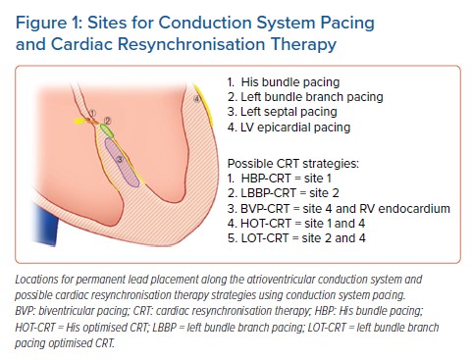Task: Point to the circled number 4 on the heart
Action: tap(198, 99)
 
